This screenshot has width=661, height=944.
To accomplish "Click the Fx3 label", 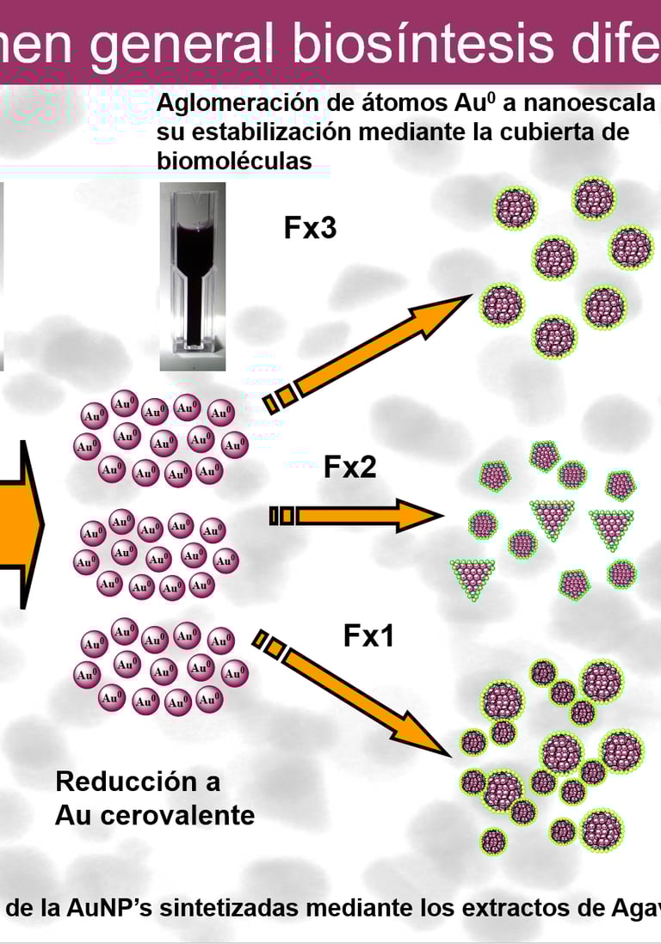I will pyautogui.click(x=310, y=229).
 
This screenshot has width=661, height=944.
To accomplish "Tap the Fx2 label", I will pyautogui.click(x=349, y=468).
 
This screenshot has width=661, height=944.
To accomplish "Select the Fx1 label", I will pyautogui.click(x=369, y=636).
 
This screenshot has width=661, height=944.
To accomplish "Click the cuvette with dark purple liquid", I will pyautogui.click(x=193, y=275).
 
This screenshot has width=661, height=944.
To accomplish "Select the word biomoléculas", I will pyautogui.click(x=234, y=161).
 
